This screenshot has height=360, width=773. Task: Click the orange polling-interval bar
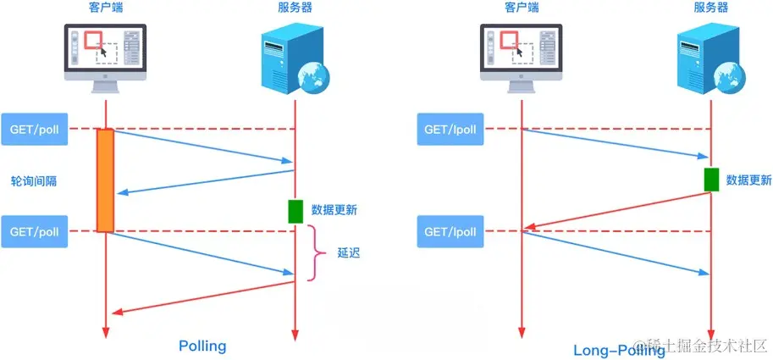pos(105,180)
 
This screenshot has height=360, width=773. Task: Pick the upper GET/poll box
pos(34,129)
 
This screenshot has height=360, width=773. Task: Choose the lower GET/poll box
pos(34,231)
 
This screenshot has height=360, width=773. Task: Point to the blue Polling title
pos(202,346)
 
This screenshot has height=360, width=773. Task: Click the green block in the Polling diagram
pos(295,211)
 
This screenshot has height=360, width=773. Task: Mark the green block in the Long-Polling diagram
pos(711,179)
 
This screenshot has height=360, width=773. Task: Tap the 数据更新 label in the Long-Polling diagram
pos(748,180)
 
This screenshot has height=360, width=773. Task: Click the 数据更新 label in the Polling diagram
pos(334,210)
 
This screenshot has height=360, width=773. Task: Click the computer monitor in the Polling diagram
pos(105,51)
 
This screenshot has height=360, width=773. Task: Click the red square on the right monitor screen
pos(511,41)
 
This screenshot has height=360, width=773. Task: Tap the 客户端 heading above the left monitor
pos(106,8)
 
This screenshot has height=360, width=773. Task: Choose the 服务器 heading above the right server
pos(711,8)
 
